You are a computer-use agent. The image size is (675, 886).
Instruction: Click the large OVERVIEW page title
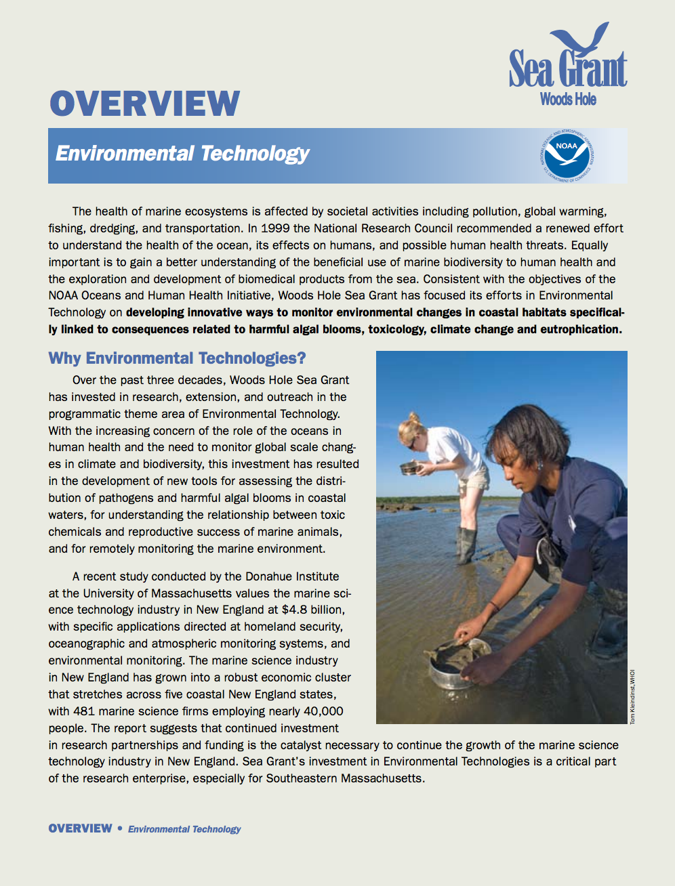click(x=144, y=104)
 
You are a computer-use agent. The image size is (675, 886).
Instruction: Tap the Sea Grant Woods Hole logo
click(x=568, y=68)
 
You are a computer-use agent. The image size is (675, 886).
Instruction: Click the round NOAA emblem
click(x=567, y=155)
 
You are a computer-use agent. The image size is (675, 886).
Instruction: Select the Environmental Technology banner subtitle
click(x=182, y=154)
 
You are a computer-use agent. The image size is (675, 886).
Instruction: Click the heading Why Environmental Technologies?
click(x=177, y=358)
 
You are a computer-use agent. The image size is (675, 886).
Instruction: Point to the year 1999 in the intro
click(x=274, y=228)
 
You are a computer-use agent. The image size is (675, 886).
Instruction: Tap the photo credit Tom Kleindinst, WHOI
click(x=633, y=697)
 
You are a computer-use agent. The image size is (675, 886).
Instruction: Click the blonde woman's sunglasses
click(x=412, y=443)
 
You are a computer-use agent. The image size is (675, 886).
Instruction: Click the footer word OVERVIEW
click(x=80, y=828)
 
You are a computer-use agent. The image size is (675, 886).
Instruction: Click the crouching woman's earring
click(x=540, y=465)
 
